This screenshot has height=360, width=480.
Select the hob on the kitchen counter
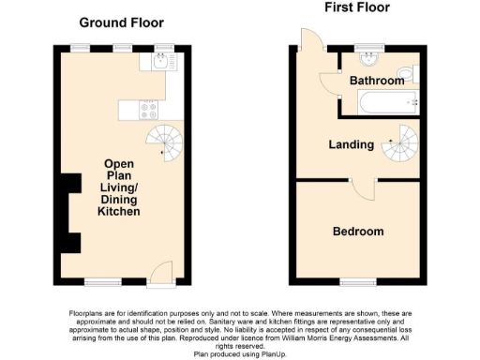(149, 109)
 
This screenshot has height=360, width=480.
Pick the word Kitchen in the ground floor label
(119, 212)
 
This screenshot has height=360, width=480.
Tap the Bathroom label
(377, 81)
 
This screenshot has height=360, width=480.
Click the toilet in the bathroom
(405, 72)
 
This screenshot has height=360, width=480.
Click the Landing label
(351, 144)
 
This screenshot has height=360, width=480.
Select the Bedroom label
(358, 231)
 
